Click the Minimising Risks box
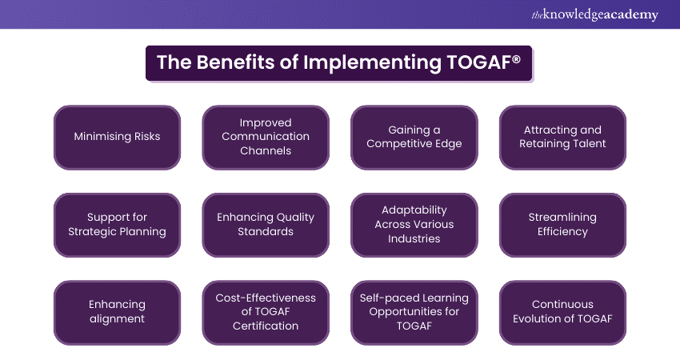[x=117, y=137]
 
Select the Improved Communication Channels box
[x=266, y=137]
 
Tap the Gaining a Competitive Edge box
[x=414, y=137]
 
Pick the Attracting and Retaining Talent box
[x=562, y=137]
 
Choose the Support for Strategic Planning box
[x=117, y=225]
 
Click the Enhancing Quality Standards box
[x=266, y=225]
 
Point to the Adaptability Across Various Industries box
[x=414, y=225]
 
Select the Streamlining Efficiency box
[x=562, y=225]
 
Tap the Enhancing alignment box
[x=117, y=312]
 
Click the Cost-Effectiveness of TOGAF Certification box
[x=266, y=312]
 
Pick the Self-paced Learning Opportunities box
[x=414, y=312]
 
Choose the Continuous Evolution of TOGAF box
[x=562, y=312]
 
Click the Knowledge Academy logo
[x=594, y=14]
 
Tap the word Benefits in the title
[x=235, y=62]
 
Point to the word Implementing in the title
[x=372, y=63]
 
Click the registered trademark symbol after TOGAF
[x=516, y=58]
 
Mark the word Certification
[x=266, y=326]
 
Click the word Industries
[x=414, y=238]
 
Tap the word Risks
[x=147, y=136]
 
